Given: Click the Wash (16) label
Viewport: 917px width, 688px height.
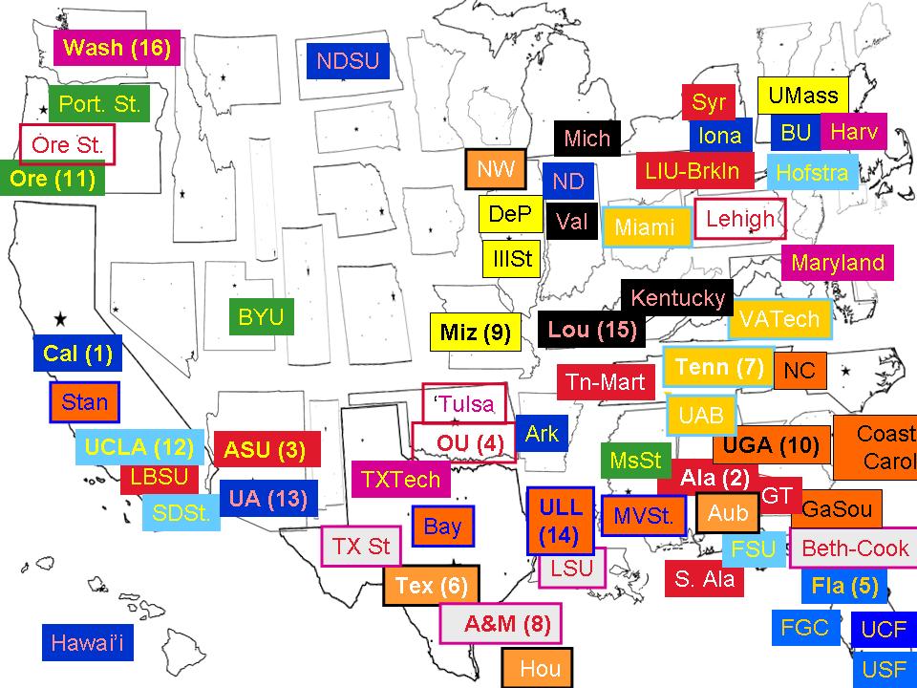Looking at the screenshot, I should (117, 49).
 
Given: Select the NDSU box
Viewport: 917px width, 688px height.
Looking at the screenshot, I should (348, 63).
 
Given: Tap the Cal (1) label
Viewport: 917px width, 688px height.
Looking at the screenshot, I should (77, 354).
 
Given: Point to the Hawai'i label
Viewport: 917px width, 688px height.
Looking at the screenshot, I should (88, 642).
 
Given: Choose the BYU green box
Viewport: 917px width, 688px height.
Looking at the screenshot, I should (261, 317).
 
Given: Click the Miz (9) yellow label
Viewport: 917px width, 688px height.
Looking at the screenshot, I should (476, 333).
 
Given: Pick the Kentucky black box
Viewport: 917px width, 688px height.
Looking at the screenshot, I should (678, 298).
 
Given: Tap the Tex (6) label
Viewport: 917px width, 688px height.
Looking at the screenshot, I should (431, 586).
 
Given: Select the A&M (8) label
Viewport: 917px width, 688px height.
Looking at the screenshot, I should (500, 624).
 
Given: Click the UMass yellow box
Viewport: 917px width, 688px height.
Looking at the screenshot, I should (803, 96).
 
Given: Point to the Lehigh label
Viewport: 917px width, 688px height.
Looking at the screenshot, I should (739, 219).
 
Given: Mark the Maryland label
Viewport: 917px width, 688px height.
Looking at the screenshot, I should (838, 263).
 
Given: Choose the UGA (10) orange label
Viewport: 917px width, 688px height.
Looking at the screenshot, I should (771, 445).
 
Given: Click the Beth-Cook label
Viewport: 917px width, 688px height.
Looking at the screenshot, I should (854, 548).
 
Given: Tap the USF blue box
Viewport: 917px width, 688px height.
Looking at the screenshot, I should (884, 670).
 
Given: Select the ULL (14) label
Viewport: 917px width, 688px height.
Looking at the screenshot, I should (561, 521).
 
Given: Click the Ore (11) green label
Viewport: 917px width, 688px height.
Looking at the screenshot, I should (53, 179).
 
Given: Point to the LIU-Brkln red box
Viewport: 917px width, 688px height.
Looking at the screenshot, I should (693, 171).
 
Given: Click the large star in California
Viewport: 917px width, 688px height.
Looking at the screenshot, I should (60, 317).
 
